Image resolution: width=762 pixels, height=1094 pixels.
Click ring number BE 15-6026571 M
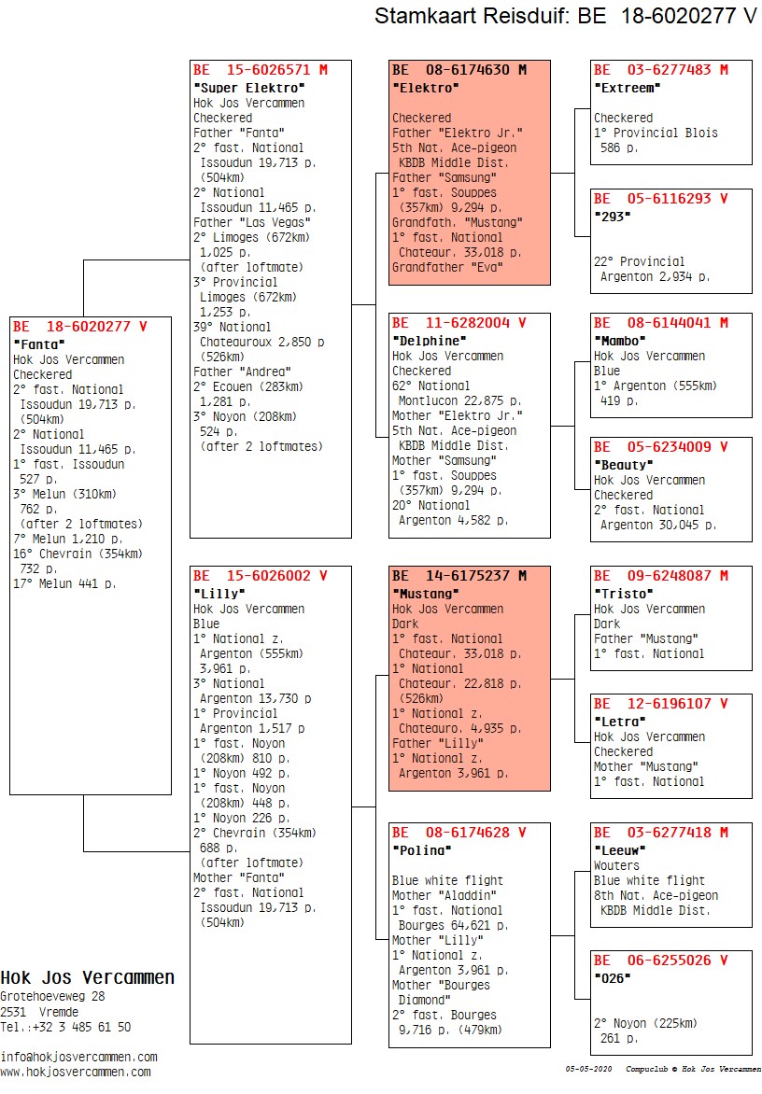(261, 70)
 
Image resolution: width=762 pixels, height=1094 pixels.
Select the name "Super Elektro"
(249, 88)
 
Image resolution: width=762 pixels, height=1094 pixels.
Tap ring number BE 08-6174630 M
(459, 70)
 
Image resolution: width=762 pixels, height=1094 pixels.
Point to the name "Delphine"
(430, 342)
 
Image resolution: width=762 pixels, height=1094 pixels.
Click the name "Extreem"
(627, 88)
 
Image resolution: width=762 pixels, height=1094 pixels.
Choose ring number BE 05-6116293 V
(661, 198)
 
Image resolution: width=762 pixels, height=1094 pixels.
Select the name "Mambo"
(619, 342)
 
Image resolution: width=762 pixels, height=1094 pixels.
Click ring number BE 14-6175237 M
(459, 576)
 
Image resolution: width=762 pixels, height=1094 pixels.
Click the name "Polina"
(421, 850)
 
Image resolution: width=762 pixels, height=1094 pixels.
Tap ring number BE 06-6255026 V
(661, 960)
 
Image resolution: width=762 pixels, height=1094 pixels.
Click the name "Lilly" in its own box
(219, 594)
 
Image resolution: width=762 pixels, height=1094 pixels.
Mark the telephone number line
(65, 1027)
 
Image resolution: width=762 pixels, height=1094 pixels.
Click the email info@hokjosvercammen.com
(78, 1057)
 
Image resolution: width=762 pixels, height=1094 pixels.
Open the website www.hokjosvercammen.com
(76, 1073)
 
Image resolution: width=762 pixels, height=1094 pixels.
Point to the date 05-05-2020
(588, 1069)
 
